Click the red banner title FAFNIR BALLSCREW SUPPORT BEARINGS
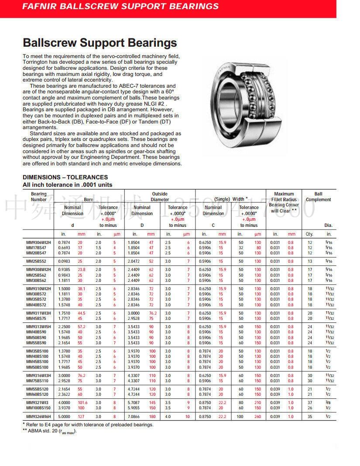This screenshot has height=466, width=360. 120,7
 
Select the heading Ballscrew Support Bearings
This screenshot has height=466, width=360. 99,43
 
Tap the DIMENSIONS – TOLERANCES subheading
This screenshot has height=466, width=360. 65,177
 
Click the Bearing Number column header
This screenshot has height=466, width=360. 39,197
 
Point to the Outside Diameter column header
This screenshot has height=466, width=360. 160,197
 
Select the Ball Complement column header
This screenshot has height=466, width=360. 318,197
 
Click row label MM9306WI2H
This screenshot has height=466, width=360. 39,242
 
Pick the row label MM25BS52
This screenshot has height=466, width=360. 36,261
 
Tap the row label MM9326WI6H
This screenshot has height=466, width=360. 39,417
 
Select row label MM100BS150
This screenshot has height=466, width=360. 38,408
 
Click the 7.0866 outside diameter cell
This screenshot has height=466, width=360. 134,417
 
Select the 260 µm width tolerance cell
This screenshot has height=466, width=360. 257,417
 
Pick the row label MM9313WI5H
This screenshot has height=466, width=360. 39,327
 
